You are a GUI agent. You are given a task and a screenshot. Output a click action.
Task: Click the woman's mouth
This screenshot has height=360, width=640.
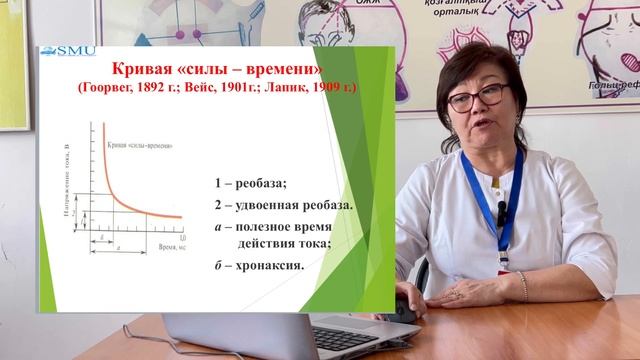pos(476,134)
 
